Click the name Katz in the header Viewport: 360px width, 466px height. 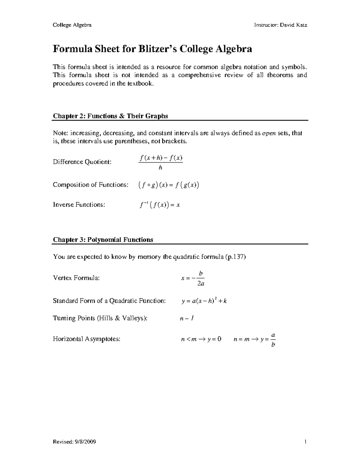tap(301, 25)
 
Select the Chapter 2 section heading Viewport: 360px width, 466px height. tap(110, 116)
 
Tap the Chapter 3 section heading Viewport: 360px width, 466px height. tap(103, 240)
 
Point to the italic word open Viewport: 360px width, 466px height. tap(269, 133)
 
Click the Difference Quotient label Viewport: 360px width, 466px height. tap(82, 162)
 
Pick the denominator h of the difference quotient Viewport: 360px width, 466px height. tap(160, 168)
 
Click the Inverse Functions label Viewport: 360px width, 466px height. tap(79, 205)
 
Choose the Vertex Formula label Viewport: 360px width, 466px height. tap(76, 278)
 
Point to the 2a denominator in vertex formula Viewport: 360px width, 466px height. tap(201, 284)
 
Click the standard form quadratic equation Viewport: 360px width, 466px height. tap(204, 301)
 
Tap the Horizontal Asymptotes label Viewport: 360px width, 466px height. tap(86, 339)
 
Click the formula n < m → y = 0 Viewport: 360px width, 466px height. tap(201, 339)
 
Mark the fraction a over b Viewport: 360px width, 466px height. tap(273, 339)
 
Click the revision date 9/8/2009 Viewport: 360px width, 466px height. tap(85, 442)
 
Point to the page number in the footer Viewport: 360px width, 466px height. tap(305, 442)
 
